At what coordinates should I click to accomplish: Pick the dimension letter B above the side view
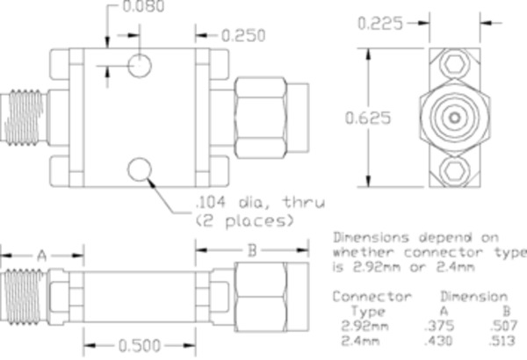pos(251,250)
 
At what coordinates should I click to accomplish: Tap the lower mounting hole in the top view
pos(139,169)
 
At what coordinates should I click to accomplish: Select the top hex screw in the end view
pos(453,64)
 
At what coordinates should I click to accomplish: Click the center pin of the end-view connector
pos(453,115)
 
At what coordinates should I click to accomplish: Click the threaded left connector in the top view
pos(26,116)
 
